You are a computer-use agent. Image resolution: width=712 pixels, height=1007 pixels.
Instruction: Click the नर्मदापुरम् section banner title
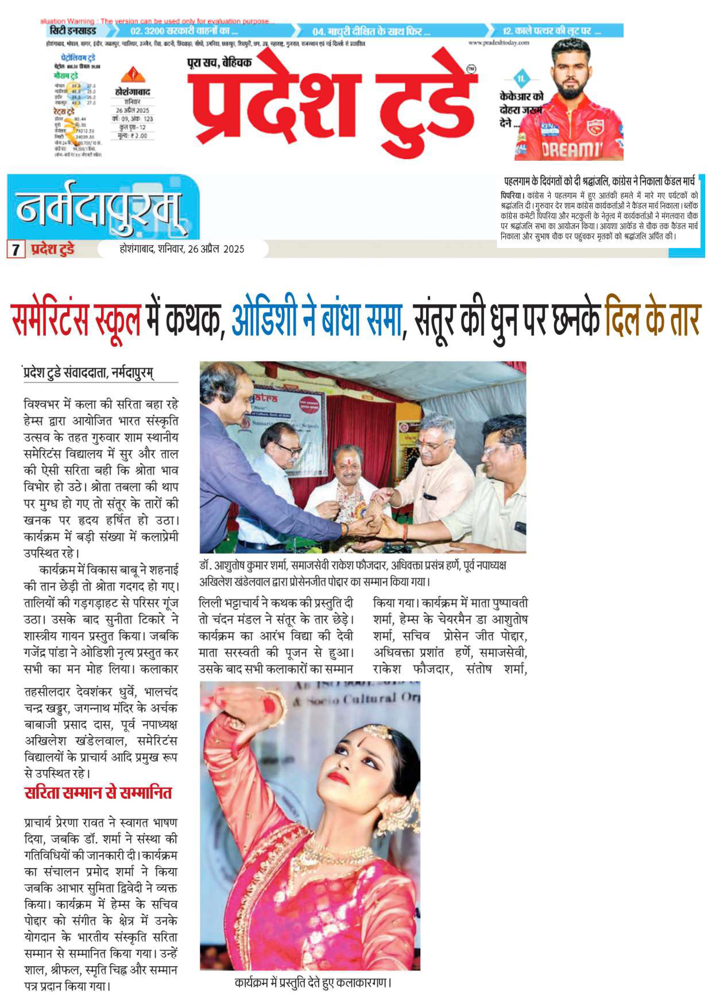tap(99, 207)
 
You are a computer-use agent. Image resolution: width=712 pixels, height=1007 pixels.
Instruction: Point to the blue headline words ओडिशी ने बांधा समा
tap(316, 319)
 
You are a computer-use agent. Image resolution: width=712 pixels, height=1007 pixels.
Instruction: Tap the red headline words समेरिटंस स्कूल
tap(76, 319)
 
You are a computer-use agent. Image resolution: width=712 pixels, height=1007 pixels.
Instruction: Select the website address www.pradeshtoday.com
tap(499, 42)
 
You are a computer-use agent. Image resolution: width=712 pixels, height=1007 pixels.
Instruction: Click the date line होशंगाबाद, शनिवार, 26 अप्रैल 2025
tap(182, 249)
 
